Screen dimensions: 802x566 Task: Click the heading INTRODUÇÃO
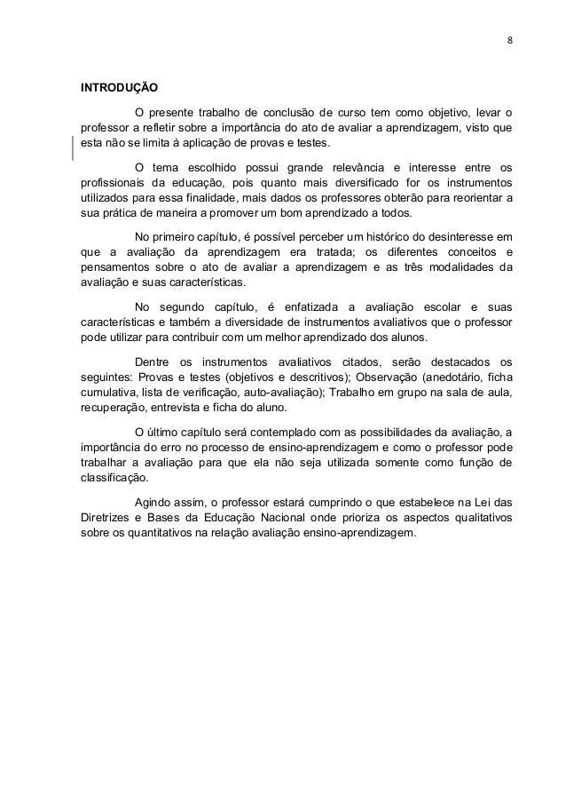coord(119,90)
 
